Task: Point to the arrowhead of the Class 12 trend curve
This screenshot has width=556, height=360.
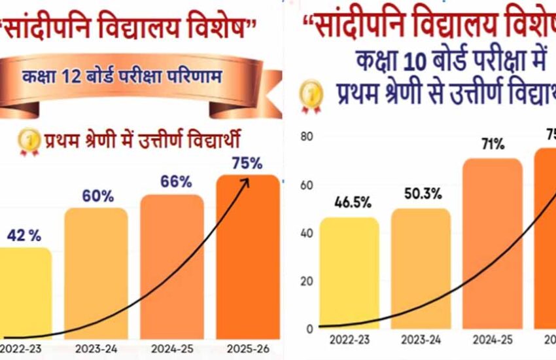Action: [247, 180]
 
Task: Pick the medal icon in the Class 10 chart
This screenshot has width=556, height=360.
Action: [311, 94]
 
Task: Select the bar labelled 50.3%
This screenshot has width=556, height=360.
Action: [421, 268]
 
